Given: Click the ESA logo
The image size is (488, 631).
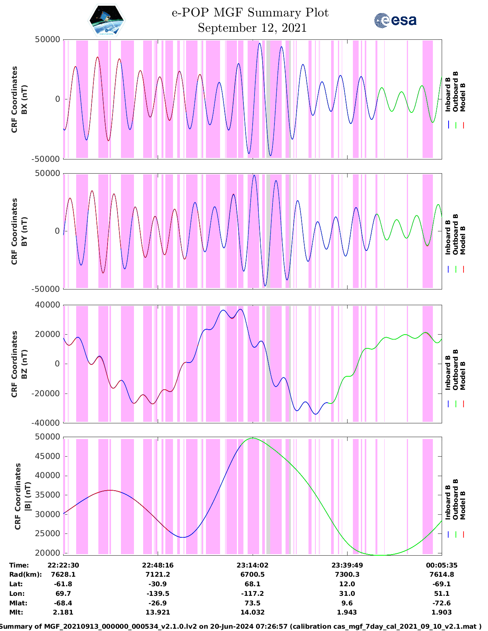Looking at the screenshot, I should click(x=395, y=21).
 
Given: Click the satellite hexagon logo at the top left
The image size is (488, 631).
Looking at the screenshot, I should click(x=107, y=21).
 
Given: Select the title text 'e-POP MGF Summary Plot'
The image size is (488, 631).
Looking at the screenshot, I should click(x=250, y=13).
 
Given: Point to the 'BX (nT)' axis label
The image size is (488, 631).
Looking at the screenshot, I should click(x=24, y=99).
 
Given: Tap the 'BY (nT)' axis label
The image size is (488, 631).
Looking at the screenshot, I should click(x=24, y=231).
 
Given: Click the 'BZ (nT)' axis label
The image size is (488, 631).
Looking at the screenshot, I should click(x=24, y=364).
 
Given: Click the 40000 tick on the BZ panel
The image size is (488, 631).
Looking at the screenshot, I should click(x=47, y=305).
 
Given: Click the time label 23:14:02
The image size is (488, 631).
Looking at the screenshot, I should click(x=253, y=565).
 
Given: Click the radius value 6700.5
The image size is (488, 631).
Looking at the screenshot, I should click(x=253, y=574).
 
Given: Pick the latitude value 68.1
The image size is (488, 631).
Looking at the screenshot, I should click(x=253, y=584).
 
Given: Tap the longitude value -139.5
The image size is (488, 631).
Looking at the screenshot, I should click(x=158, y=594).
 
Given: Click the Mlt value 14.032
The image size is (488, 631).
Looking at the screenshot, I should click(x=253, y=612).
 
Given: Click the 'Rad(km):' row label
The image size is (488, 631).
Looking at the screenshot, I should click(x=25, y=574).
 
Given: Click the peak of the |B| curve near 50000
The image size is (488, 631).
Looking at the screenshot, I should click(x=253, y=438).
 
